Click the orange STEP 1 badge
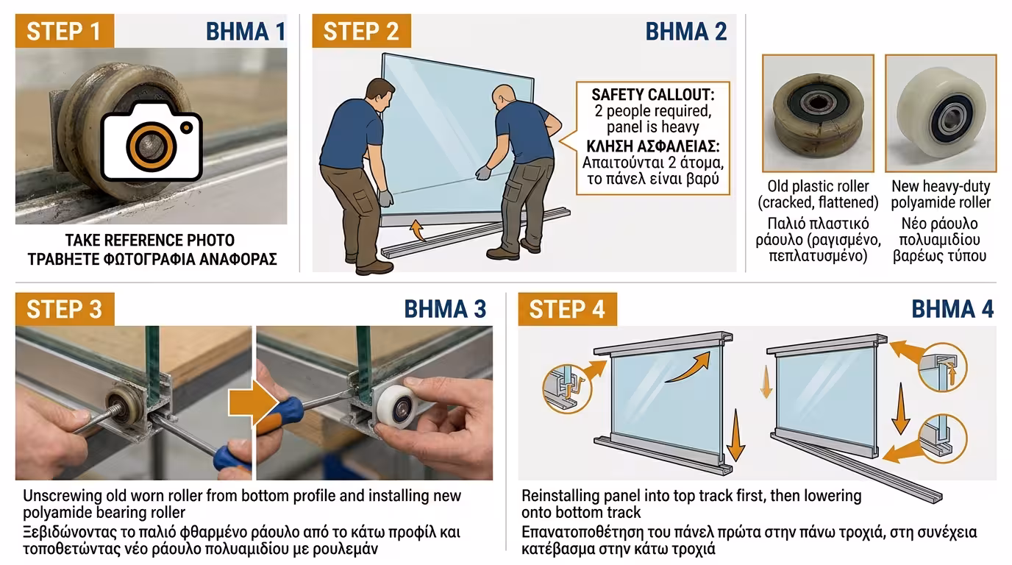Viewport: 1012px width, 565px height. click(65, 31)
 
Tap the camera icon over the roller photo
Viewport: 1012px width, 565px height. click(151, 141)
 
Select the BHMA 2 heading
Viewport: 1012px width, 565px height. click(685, 31)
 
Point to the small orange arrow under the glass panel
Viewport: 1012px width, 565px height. click(418, 230)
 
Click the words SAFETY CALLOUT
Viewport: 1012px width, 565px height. click(653, 94)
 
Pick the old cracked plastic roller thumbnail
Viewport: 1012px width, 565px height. click(818, 113)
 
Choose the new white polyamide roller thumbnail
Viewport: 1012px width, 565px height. click(941, 113)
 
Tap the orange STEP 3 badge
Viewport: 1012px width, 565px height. click(65, 309)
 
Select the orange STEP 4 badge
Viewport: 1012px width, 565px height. click(568, 309)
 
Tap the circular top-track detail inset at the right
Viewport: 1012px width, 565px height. click(943, 366)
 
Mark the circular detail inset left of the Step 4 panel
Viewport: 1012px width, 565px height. click(567, 388)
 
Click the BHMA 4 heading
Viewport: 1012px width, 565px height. click(952, 309)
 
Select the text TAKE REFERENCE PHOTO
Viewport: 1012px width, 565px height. click(150, 240)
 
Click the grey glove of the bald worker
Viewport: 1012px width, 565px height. click(483, 172)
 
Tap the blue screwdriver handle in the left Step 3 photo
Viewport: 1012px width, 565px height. click(232, 459)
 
